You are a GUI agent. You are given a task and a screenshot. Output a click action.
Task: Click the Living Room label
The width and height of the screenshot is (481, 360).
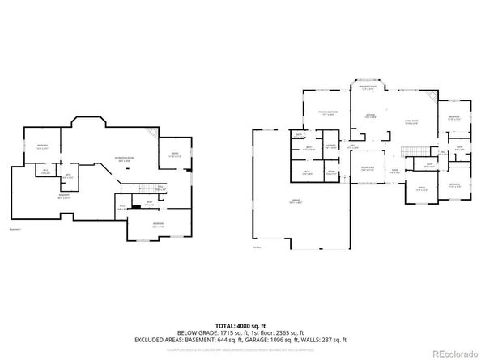tap(411, 121)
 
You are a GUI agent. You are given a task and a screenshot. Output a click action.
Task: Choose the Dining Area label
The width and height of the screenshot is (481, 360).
tap(367, 167)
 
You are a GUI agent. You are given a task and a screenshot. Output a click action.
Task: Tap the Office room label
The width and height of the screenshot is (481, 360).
tap(421, 188)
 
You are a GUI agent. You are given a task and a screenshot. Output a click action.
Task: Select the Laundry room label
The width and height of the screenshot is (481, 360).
tap(330, 146)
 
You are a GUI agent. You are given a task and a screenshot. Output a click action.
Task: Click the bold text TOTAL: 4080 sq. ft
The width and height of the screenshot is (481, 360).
tap(240, 324)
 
